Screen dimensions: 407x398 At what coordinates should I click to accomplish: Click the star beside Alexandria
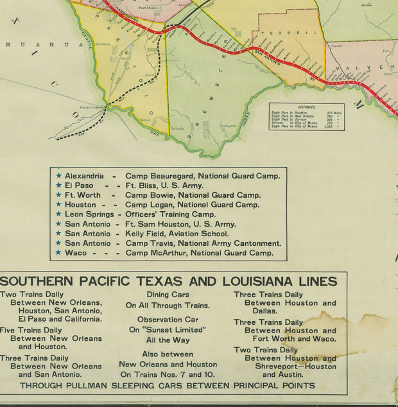pyautogui.click(x=59, y=176)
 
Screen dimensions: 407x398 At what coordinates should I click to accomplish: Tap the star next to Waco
pyautogui.click(x=59, y=253)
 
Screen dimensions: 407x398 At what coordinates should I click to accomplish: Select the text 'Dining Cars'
pyautogui.click(x=166, y=295)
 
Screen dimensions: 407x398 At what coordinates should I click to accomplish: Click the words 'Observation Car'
pyautogui.click(x=168, y=319)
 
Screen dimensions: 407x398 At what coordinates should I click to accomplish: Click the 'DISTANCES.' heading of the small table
pyautogui.click(x=306, y=108)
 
